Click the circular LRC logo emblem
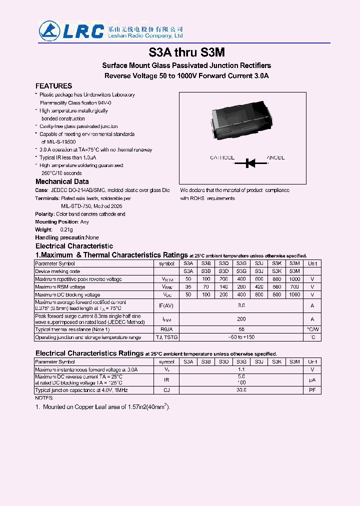(x=50, y=31)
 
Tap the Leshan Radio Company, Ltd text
(x=145, y=36)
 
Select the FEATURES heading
(x=53, y=86)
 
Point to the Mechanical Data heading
(x=62, y=181)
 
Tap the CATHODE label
(x=222, y=158)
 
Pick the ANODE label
(x=275, y=158)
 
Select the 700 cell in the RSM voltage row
(x=294, y=287)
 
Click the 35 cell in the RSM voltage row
(x=188, y=287)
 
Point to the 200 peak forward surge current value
(x=241, y=319)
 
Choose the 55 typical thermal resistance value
(x=241, y=330)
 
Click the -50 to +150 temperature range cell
(x=241, y=337)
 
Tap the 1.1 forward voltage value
(x=241, y=369)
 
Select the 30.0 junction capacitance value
(x=241, y=390)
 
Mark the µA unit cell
(x=312, y=380)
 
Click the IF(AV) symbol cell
(x=167, y=305)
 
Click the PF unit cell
(x=312, y=390)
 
